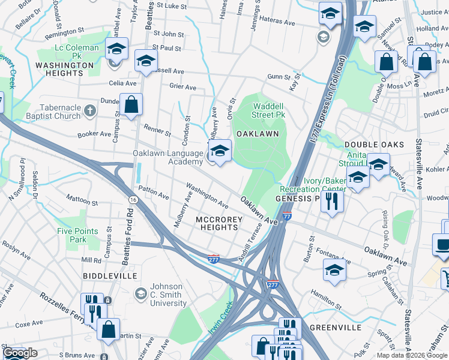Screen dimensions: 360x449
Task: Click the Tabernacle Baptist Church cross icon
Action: point(90,110)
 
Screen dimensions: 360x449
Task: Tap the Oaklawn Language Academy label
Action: point(168,157)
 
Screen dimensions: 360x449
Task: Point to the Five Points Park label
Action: point(71,235)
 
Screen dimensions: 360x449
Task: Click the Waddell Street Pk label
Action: point(268,110)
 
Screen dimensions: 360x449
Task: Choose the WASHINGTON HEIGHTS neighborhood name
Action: point(64,69)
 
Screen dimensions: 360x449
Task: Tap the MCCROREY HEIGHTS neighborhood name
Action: point(219,224)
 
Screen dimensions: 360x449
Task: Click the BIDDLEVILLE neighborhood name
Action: point(110,275)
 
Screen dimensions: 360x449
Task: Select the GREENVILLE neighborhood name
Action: point(336,328)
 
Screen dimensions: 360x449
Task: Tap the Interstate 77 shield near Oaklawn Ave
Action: point(287,215)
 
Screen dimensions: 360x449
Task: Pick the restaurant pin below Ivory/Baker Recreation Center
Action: point(331,202)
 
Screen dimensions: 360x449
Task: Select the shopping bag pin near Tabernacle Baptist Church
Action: point(131,105)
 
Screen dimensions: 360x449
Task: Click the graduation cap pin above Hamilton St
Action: point(334,270)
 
